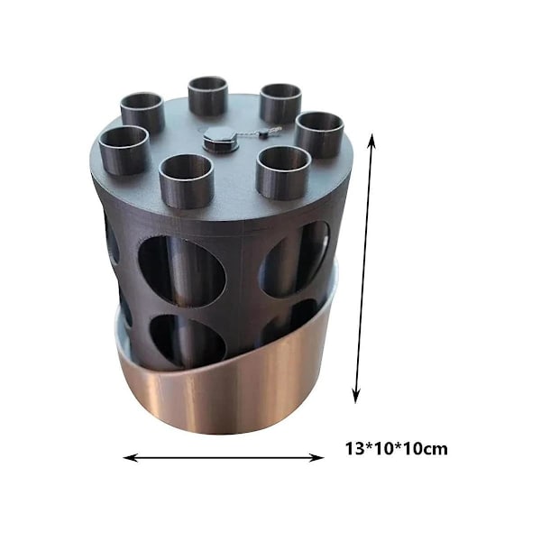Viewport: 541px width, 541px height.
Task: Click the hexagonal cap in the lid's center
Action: pyautogui.click(x=221, y=139)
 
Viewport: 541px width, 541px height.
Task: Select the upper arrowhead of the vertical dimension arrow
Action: pyautogui.click(x=371, y=142)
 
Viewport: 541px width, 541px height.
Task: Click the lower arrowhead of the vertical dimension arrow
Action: pyautogui.click(x=356, y=395)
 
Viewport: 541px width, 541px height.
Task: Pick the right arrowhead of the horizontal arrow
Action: pyautogui.click(x=316, y=458)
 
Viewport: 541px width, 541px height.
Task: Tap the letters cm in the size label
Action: pyautogui.click(x=436, y=450)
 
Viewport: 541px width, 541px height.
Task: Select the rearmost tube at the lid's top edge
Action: pyautogui.click(x=208, y=96)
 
